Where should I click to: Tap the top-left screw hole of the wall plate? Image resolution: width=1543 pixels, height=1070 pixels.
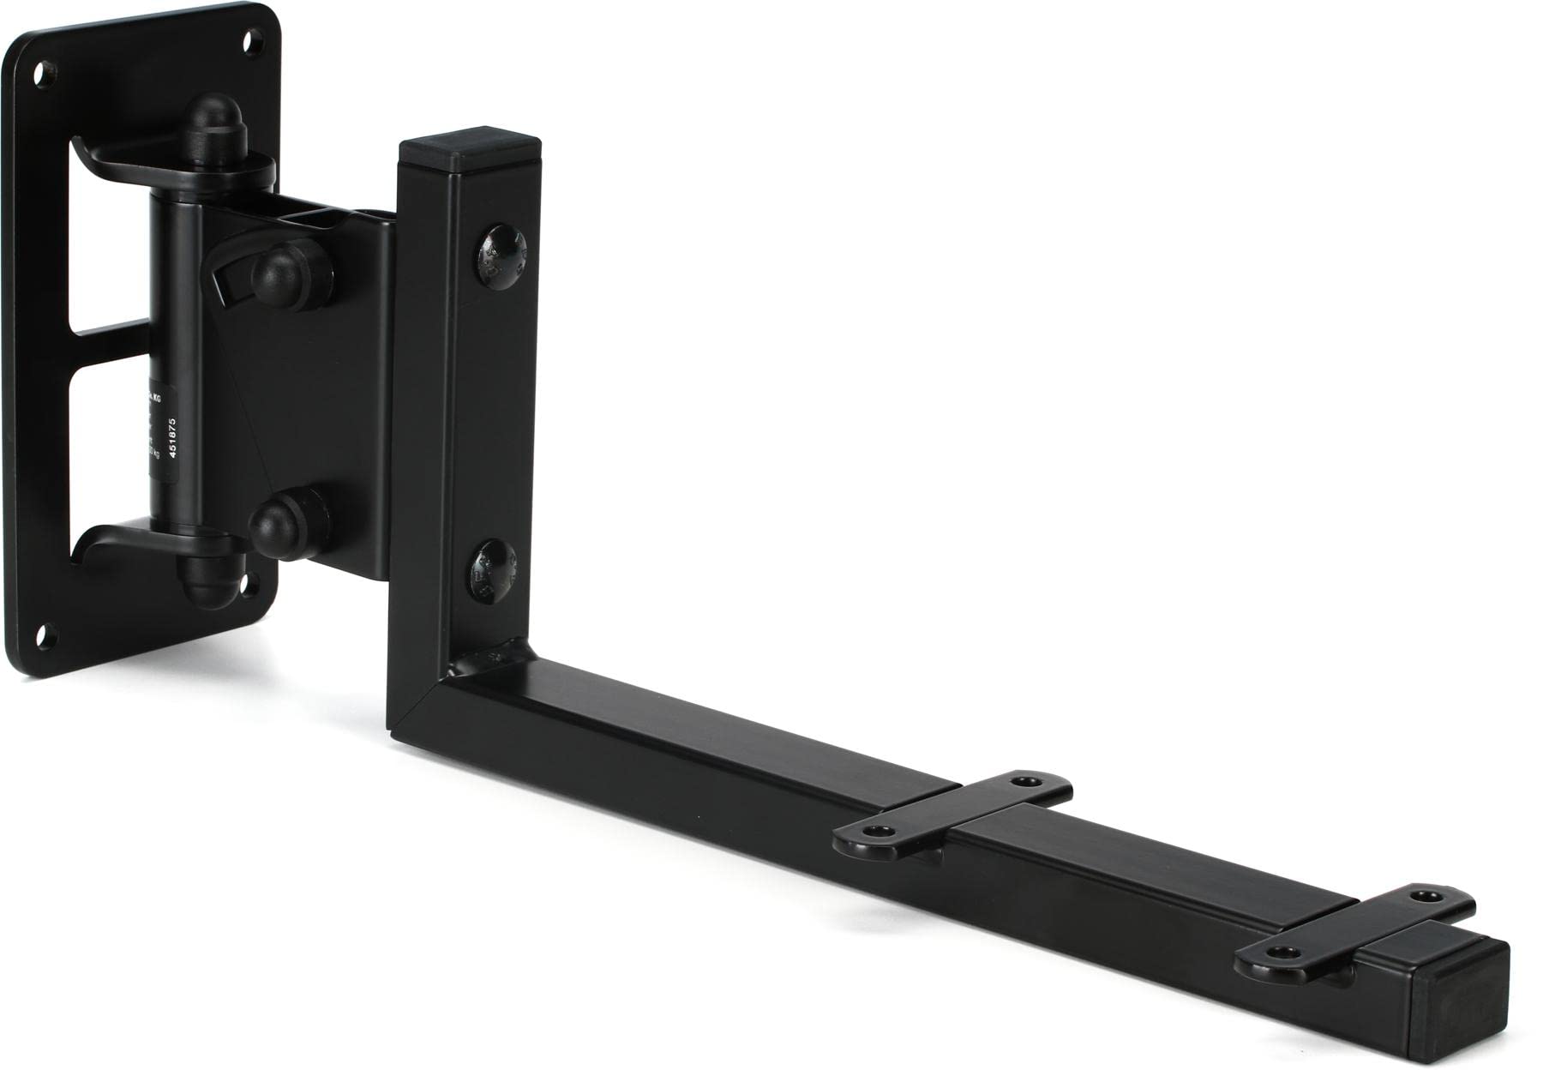tap(38, 75)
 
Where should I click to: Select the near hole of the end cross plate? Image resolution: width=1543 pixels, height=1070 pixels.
tap(1277, 953)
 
